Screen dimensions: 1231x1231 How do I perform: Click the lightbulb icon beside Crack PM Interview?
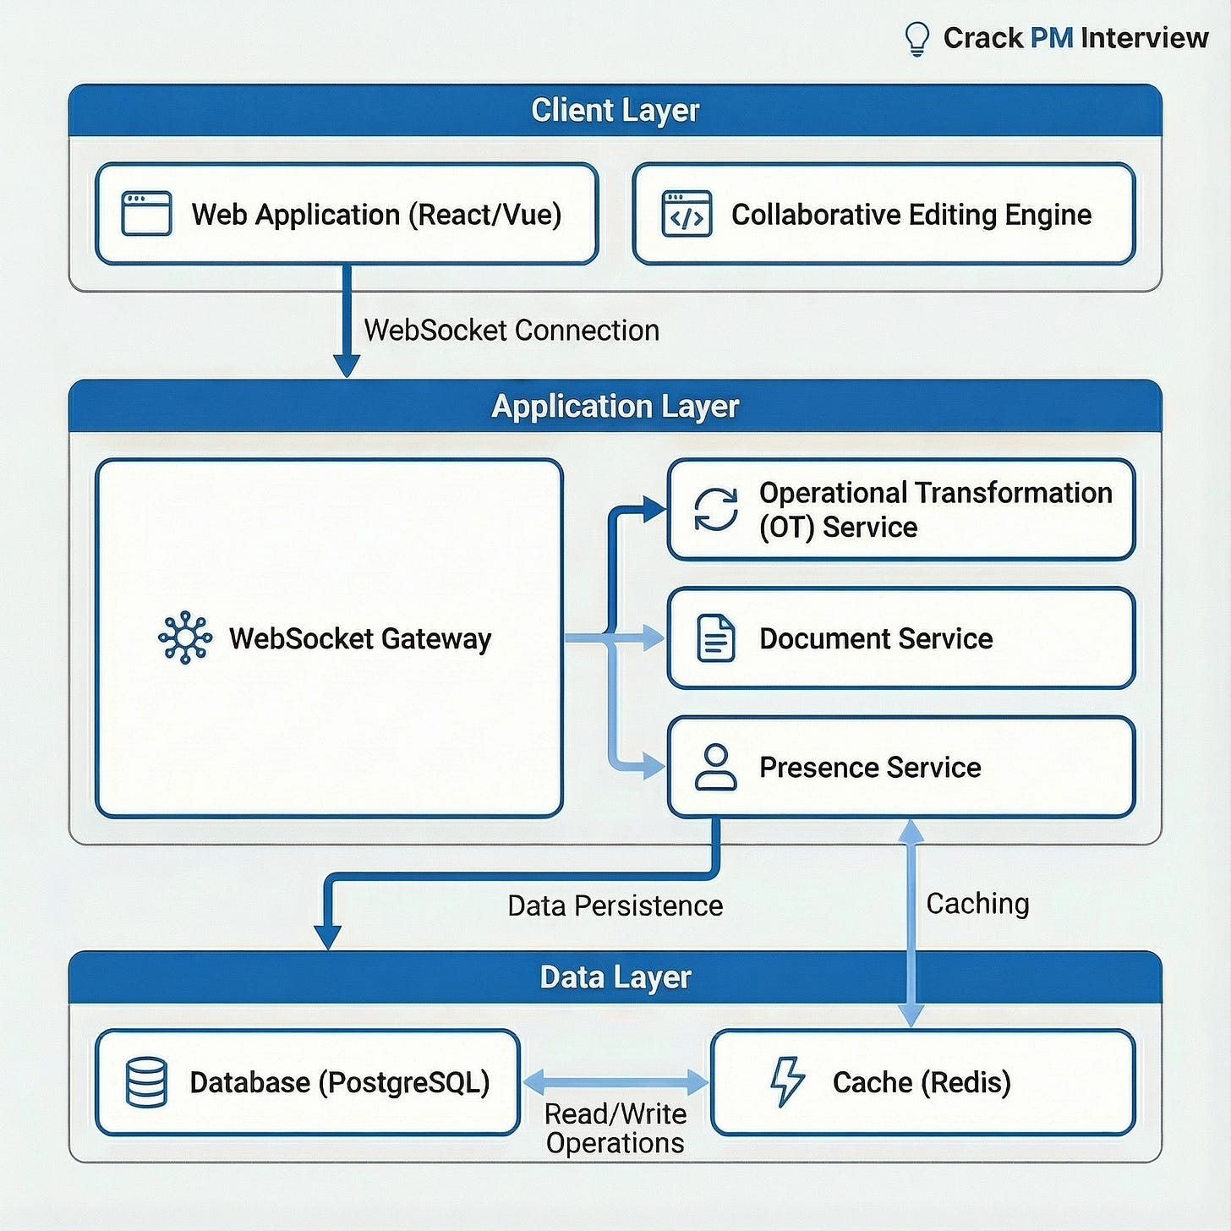click(x=917, y=39)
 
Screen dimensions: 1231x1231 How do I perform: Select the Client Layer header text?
click(x=615, y=111)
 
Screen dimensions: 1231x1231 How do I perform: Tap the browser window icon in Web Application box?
click(x=146, y=214)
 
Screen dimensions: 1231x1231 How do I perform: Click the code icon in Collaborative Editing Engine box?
click(x=687, y=215)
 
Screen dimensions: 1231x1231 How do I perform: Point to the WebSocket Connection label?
click(x=511, y=330)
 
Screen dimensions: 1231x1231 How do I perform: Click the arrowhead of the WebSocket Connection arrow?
click(x=347, y=365)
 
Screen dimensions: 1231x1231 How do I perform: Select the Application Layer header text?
click(x=615, y=407)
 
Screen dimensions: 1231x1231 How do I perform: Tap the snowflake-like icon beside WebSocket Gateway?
click(x=185, y=637)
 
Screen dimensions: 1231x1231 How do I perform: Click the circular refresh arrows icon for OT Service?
click(x=716, y=510)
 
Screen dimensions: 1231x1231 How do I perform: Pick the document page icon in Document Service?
click(x=716, y=638)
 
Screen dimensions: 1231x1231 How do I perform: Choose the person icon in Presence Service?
click(x=716, y=767)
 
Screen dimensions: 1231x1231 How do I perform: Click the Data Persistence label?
click(x=615, y=905)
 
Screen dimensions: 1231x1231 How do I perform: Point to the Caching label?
click(x=977, y=903)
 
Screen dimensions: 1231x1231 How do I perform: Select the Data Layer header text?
click(x=615, y=977)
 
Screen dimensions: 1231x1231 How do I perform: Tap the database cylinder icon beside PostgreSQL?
click(x=146, y=1082)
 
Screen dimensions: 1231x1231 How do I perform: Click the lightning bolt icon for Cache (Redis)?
click(x=787, y=1082)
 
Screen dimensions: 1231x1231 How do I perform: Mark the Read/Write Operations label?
click(x=615, y=1128)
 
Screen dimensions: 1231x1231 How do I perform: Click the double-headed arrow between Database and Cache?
click(x=615, y=1081)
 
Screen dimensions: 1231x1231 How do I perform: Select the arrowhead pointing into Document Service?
click(x=653, y=637)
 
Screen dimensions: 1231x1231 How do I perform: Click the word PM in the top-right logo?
click(x=1051, y=38)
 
